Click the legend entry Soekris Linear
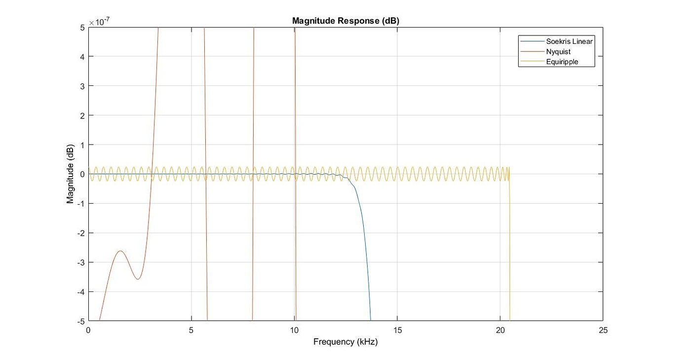pyautogui.click(x=568, y=41)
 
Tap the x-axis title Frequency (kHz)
pyautogui.click(x=345, y=341)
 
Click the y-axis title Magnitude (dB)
pyautogui.click(x=71, y=174)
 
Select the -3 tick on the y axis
pyautogui.click(x=81, y=262)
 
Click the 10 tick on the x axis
pyautogui.click(x=294, y=330)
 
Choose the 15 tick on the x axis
pyautogui.click(x=397, y=330)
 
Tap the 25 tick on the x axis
pyautogui.click(x=603, y=330)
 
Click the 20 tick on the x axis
pyautogui.click(x=500, y=330)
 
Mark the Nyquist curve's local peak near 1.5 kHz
pyautogui.click(x=120, y=251)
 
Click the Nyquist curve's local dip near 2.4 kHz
pyautogui.click(x=138, y=279)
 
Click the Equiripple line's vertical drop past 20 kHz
pyautogui.click(x=509, y=247)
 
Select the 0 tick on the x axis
pyautogui.click(x=88, y=330)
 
